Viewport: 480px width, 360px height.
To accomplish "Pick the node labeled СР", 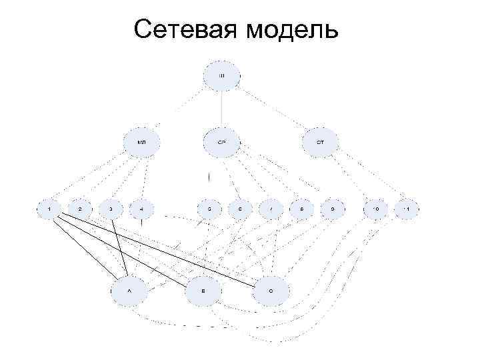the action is pyautogui.click(x=223, y=141).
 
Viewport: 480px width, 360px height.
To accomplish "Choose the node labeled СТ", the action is pyautogui.click(x=321, y=141).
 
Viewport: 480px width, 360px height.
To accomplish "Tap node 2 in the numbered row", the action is pyautogui.click(x=80, y=209).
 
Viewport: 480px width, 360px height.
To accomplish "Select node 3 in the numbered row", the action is pyautogui.click(x=111, y=209).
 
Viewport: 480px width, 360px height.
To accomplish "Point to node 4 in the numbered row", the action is pyautogui.click(x=142, y=209).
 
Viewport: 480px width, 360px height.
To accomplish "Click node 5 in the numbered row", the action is pyautogui.click(x=209, y=209).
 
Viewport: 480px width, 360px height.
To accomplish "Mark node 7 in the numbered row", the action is pyautogui.click(x=271, y=209).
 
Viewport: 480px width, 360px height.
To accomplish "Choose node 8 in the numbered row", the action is pyautogui.click(x=301, y=209).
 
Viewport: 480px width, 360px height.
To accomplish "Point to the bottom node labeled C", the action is pyautogui.click(x=271, y=291).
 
